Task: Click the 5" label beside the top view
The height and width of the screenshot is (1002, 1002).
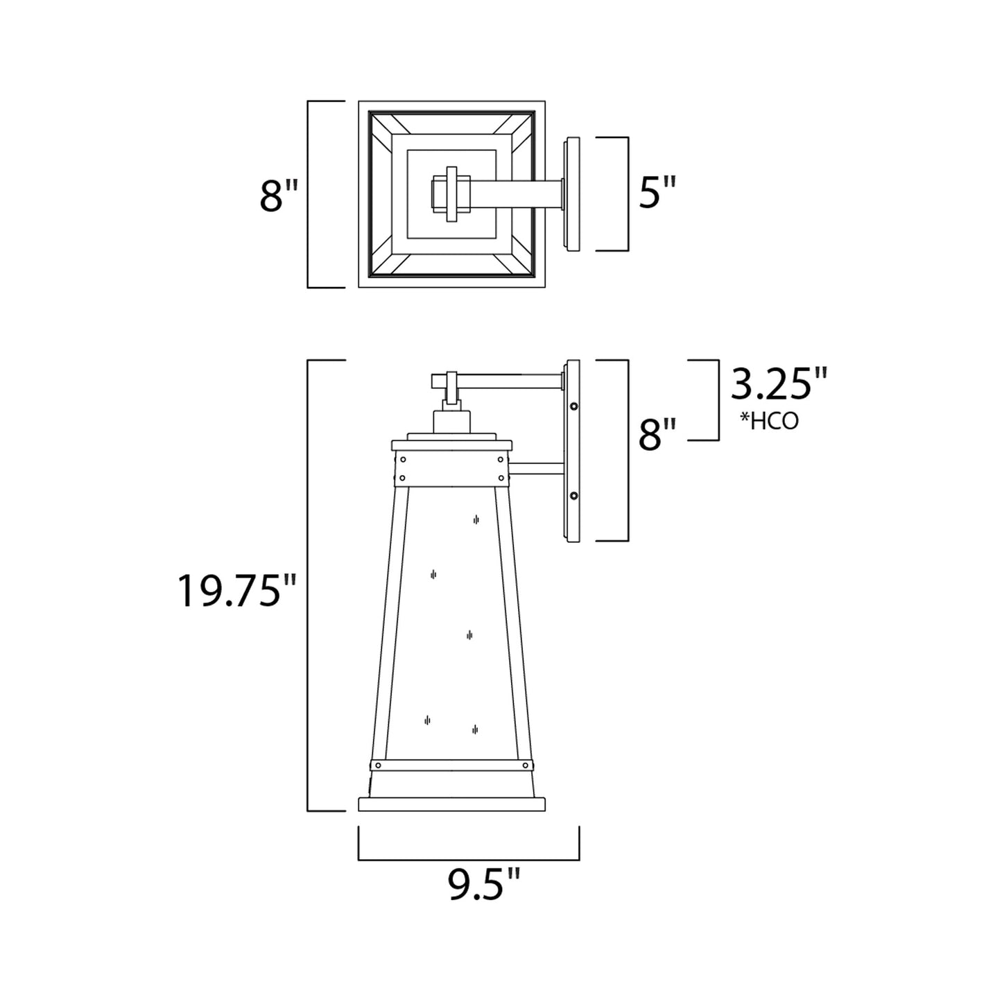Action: tap(656, 193)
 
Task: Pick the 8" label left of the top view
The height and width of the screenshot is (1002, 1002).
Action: tap(279, 196)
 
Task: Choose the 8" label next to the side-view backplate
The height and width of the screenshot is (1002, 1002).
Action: tap(656, 435)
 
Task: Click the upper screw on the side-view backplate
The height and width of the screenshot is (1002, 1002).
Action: tap(573, 406)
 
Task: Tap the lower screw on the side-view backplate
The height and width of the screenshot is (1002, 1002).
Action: tap(573, 495)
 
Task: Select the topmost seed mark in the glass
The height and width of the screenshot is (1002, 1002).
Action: tap(476, 519)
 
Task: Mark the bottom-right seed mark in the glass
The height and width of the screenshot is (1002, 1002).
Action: tap(475, 729)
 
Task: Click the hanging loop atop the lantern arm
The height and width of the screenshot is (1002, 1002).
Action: tap(451, 388)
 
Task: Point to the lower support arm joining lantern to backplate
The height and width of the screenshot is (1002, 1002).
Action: tap(538, 469)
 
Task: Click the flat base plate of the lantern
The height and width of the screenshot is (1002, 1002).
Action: tap(451, 804)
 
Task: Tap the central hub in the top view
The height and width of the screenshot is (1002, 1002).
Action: tap(451, 194)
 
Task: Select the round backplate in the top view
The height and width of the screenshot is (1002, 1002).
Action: tap(573, 194)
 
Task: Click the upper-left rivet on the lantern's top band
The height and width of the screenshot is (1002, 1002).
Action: tap(403, 460)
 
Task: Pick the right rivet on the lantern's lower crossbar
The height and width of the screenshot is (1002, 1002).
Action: tap(526, 766)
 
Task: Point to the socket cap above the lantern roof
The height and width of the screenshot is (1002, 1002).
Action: tap(451, 421)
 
